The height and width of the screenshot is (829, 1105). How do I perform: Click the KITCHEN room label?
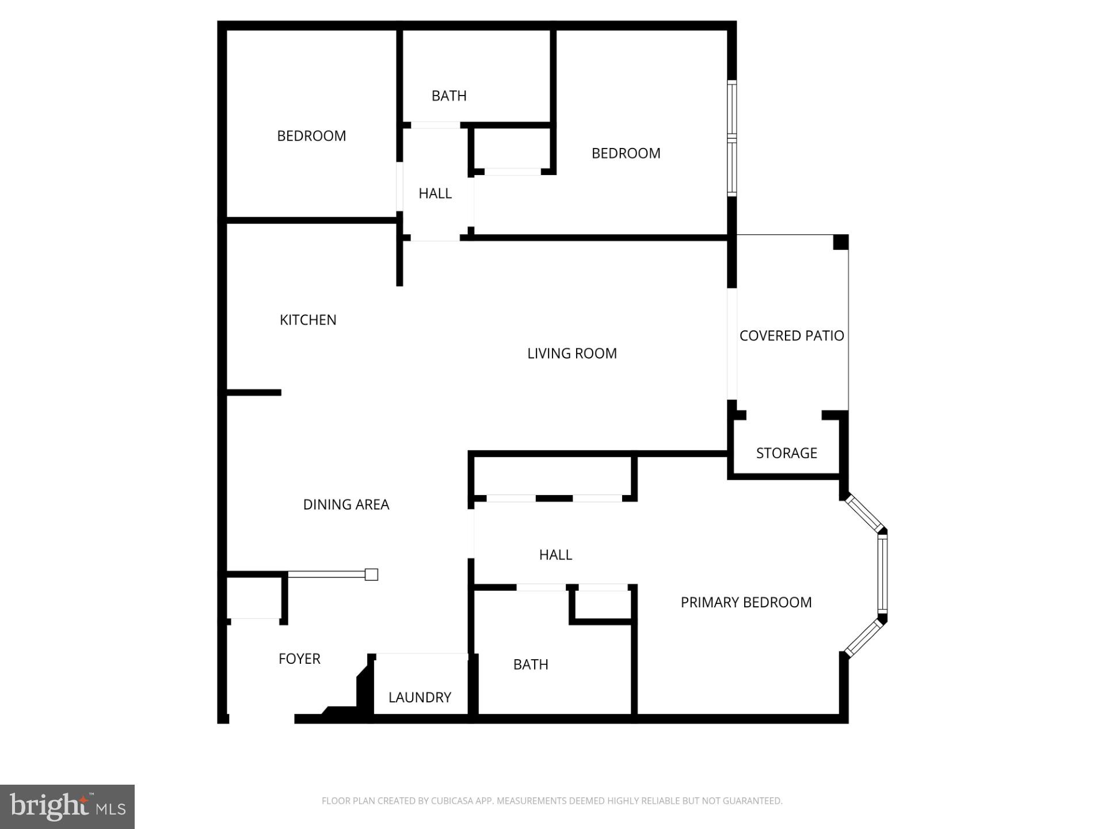[x=308, y=320]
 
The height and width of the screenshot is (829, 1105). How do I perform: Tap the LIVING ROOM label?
[x=571, y=353]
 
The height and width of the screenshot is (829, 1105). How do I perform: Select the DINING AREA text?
[x=346, y=505]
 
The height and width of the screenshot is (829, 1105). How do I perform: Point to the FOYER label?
[x=299, y=659]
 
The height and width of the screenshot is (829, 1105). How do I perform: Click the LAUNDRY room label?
[x=420, y=698]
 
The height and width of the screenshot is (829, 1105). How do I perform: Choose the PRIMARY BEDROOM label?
[x=746, y=603]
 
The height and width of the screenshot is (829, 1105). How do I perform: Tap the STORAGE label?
[x=786, y=454]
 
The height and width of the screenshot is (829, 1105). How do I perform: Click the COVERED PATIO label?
[x=791, y=336]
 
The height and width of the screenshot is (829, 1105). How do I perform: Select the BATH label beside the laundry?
[x=531, y=665]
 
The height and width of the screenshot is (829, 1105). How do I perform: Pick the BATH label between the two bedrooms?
[x=449, y=96]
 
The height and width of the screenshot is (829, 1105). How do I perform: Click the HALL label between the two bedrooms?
[x=435, y=194]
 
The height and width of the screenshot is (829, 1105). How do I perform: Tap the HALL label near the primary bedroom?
[x=555, y=555]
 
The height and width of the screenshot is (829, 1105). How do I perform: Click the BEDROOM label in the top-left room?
[x=311, y=136]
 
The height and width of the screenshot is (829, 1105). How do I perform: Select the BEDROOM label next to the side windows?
[x=626, y=154]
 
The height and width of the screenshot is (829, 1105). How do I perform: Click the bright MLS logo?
[x=67, y=807]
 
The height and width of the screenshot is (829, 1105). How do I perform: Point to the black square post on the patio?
[x=840, y=242]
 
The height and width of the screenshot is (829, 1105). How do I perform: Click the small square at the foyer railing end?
[x=372, y=575]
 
